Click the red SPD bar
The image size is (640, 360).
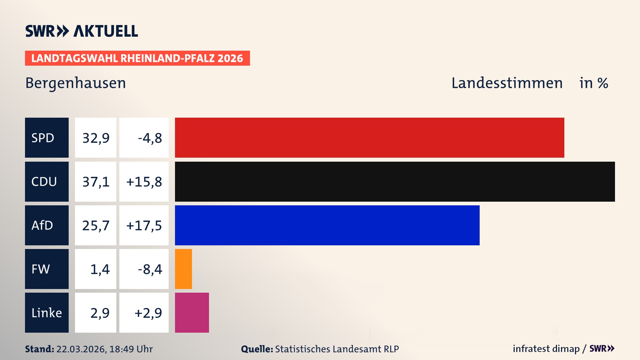click(369, 138)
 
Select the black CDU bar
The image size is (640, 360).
click(395, 182)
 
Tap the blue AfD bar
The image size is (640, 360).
click(327, 225)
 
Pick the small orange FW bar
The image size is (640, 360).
click(183, 269)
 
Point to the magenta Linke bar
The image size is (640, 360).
click(192, 313)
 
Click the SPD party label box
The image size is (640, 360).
click(47, 138)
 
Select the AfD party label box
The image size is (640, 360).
click(47, 225)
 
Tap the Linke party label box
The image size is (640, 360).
click(47, 313)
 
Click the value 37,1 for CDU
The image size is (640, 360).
click(96, 182)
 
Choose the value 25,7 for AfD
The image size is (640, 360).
click(96, 225)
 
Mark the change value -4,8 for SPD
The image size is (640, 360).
click(150, 138)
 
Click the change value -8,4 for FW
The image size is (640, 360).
click(150, 269)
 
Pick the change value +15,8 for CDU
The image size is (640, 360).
click(144, 182)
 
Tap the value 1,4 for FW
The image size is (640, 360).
click(100, 269)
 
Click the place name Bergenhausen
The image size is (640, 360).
click(76, 83)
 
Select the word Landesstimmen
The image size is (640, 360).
click(507, 83)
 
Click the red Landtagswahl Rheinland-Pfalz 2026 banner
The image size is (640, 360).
click(137, 58)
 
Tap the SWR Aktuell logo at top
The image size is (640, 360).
click(81, 31)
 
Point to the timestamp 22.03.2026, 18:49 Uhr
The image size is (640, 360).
click(104, 349)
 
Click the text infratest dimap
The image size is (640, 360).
click(546, 349)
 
